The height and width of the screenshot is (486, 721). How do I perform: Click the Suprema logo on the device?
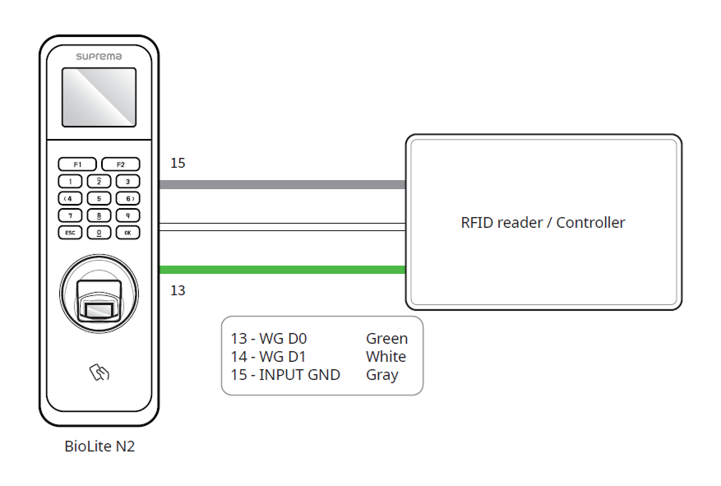point(99,56)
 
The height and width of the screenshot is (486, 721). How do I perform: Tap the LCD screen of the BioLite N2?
point(99,97)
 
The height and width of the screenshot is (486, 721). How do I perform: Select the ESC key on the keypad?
point(71,233)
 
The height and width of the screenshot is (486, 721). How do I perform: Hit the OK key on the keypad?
point(127,233)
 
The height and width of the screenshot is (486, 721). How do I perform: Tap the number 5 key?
point(99,198)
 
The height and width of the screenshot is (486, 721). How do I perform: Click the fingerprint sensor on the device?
point(98,300)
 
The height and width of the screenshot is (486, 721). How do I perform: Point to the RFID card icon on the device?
point(99,374)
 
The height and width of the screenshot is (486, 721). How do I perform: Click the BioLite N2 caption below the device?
point(99,447)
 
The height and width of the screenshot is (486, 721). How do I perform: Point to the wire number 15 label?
point(178,163)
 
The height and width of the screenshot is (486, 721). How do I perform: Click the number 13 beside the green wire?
point(178,290)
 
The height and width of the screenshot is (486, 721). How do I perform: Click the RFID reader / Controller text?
point(543,223)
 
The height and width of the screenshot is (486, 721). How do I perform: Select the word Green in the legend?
point(386,339)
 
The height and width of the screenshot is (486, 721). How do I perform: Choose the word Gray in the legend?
point(381,375)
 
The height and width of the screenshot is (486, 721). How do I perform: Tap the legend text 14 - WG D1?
point(268,357)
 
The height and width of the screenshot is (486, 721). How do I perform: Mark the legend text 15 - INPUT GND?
point(284,375)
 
